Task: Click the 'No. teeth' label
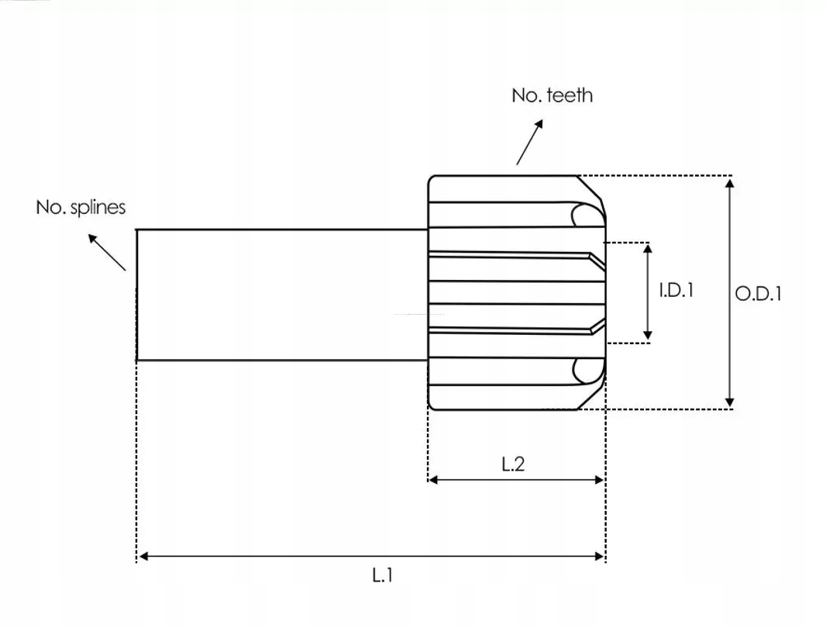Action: point(552,95)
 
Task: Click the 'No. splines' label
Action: point(81,207)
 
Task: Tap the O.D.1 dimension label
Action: point(758,294)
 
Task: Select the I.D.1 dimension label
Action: point(676,290)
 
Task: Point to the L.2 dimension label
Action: point(513,464)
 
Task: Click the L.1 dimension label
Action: point(383,575)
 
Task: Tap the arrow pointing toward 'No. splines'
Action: point(107,253)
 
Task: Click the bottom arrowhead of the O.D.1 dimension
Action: point(730,402)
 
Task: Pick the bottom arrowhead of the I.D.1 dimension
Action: point(648,336)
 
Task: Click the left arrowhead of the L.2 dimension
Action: point(433,480)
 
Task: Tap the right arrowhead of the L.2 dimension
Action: point(599,480)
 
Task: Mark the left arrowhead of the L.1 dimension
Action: point(143,557)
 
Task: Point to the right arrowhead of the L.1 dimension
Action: point(599,557)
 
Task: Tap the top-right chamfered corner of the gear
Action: point(590,188)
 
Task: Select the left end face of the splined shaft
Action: point(137,295)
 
